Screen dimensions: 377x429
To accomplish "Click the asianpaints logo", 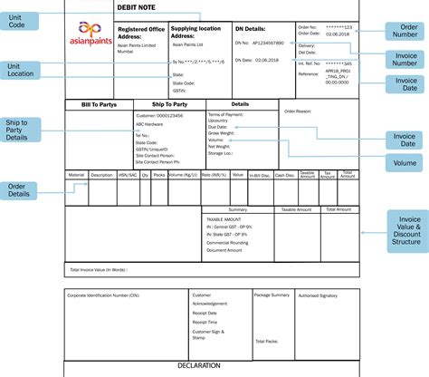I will pos(89,35).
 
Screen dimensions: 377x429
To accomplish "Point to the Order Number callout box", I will pos(402,32).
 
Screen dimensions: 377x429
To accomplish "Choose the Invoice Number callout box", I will pos(402,60).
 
